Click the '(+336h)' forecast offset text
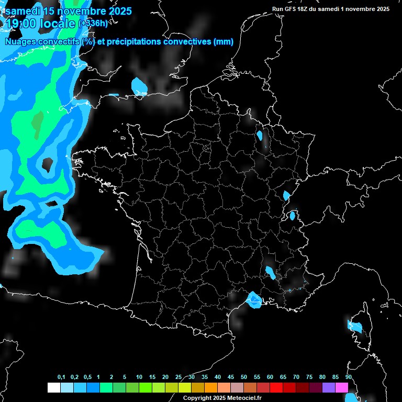tap(93, 24)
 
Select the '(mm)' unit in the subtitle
tap(224, 42)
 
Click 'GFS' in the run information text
tap(291, 9)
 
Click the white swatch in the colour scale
tap(53, 387)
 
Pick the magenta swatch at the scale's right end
tap(342, 387)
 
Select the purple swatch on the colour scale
tap(329, 387)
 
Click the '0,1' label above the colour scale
tap(61, 377)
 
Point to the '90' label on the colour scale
tap(348, 377)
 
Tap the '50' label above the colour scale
tap(244, 377)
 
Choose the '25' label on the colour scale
tap(178, 377)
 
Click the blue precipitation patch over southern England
tap(139, 85)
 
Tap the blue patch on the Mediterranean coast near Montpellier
tap(255, 299)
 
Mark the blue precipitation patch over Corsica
tap(354, 327)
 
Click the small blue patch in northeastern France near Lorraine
tap(259, 136)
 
